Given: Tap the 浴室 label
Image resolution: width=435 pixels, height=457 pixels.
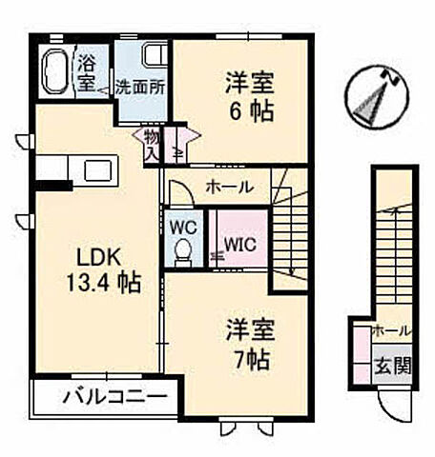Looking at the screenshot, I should (85, 72).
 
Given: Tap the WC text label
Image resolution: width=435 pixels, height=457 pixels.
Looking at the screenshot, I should (184, 228).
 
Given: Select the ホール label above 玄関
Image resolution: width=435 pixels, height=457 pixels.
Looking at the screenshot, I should (391, 330).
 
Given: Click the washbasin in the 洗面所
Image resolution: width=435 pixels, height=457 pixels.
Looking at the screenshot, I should (152, 55).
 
